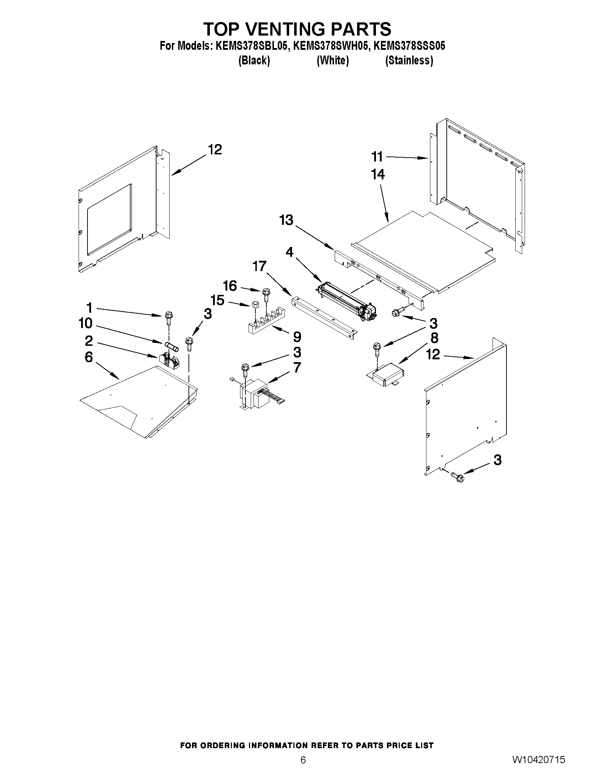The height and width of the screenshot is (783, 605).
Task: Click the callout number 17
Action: click(260, 266)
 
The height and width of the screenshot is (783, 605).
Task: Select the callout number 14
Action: click(378, 174)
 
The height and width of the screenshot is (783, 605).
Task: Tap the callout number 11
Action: click(377, 157)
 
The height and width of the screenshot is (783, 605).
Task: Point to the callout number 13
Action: click(286, 220)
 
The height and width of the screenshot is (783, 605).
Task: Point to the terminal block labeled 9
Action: click(265, 322)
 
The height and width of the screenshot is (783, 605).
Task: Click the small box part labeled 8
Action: click(386, 374)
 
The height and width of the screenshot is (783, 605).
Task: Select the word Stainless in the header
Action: click(409, 60)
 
